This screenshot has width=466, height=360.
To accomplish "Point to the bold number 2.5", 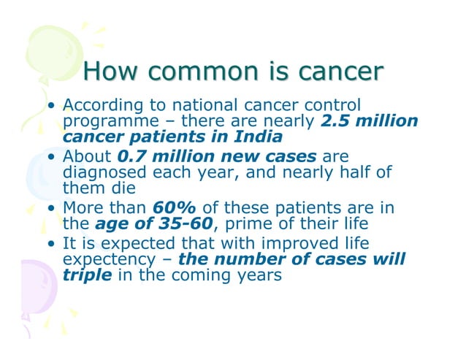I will pos(337,120).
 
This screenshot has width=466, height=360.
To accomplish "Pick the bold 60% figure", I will pos(172,207).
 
